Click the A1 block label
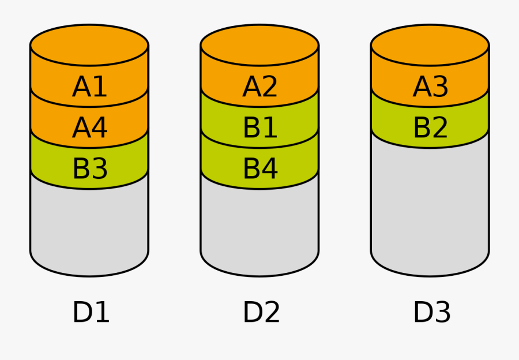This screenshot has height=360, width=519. click(90, 87)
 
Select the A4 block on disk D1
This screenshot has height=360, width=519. click(90, 127)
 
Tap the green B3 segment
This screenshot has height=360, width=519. click(90, 168)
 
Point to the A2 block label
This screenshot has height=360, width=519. click(260, 87)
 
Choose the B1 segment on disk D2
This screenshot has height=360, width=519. click(260, 127)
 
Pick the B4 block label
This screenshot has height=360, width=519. click(260, 168)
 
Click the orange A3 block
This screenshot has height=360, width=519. click(430, 87)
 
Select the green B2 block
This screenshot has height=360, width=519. click(430, 127)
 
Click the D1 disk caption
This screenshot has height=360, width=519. click(91, 312)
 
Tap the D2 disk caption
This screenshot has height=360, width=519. click(261, 312)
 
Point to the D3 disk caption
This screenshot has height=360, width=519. click(431, 312)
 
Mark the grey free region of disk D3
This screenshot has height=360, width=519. click(430, 202)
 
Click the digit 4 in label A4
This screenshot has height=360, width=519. click(99, 127)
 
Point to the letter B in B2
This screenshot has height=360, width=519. click(422, 127)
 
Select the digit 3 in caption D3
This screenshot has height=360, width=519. click(441, 312)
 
